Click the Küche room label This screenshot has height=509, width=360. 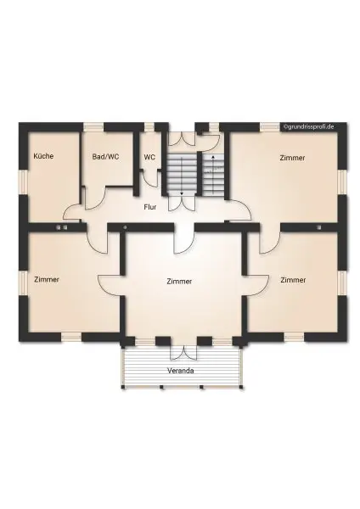[43, 156]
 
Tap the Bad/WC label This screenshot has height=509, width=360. [104, 156]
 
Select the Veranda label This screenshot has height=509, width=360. [180, 371]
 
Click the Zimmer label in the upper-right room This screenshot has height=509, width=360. [292, 158]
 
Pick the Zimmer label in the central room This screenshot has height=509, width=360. [180, 281]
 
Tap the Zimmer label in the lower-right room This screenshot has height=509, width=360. [292, 279]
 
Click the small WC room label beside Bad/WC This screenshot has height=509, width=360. [149, 156]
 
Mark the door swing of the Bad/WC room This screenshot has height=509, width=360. [96, 193]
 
